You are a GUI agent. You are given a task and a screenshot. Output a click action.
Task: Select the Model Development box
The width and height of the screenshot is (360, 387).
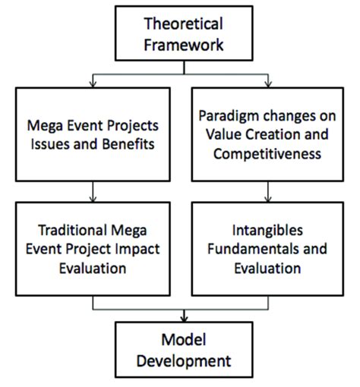click(x=183, y=348)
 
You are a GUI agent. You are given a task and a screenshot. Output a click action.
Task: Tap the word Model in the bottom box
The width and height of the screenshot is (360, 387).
click(x=183, y=337)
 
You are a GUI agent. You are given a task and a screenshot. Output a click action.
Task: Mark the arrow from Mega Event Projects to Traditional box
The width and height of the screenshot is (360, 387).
click(x=93, y=189)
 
